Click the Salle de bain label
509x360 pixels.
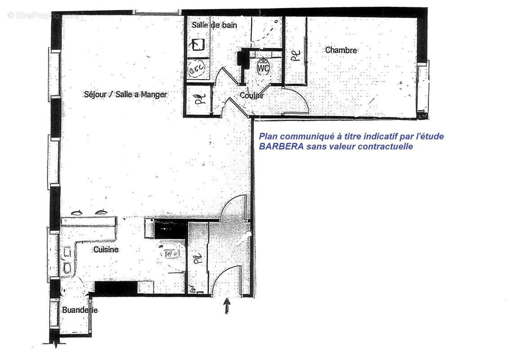coord(214,25)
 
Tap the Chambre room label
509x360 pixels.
coord(341,50)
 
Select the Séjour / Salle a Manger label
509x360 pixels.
coord(126,94)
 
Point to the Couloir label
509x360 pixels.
coord(252,95)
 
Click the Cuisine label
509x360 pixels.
coord(106,249)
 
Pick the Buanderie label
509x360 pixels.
coord(80,310)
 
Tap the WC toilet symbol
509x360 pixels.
coord(263,67)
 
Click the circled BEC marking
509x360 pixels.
coord(197,70)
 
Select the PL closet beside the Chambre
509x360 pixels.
coord(295,55)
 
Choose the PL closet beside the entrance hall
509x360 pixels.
coord(197,259)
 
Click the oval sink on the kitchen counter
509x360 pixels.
coord(68,268)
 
